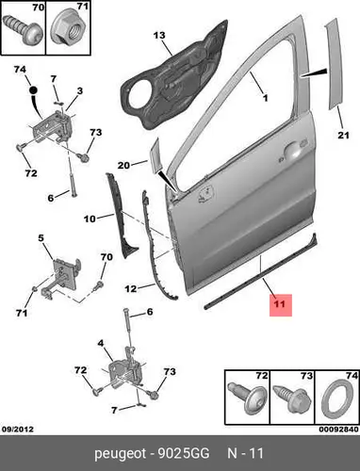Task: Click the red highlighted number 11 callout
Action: coord(281,304)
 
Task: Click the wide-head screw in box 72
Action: coord(247,398)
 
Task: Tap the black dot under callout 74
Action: coord(33,90)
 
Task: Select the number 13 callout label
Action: coord(159,35)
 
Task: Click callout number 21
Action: coord(343,135)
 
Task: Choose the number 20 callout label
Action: coord(123,165)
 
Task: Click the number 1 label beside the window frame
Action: coord(265,98)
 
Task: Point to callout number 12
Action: coord(131,288)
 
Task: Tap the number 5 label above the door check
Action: coord(41,238)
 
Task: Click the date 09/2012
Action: coord(18,429)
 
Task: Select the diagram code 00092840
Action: coord(338,430)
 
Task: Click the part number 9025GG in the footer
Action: coord(183,454)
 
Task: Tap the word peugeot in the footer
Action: coord(121,454)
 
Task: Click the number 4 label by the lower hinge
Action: coord(100,343)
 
